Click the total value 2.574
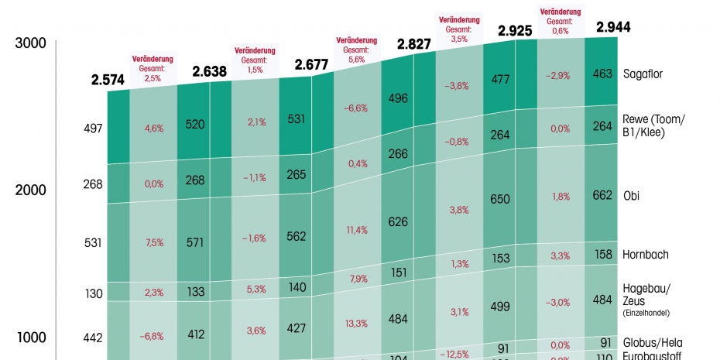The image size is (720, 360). [x=107, y=80]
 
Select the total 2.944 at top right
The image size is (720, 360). [x=613, y=27]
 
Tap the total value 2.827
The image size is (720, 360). [x=414, y=44]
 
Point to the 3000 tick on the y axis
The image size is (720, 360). [x=31, y=43]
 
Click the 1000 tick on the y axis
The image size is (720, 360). [x=31, y=338]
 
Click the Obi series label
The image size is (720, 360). [x=632, y=195]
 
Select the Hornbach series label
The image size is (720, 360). [x=646, y=254]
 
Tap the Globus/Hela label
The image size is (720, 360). [x=652, y=342]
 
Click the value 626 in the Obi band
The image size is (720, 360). [x=399, y=222]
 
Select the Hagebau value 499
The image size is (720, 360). [x=500, y=306]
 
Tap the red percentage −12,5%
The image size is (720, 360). [x=458, y=354]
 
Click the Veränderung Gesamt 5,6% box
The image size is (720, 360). [x=356, y=50]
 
